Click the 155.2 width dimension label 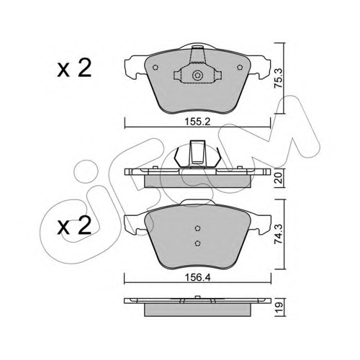pyautogui.click(x=197, y=122)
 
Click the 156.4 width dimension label pyautogui.click(x=197, y=278)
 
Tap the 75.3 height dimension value pyautogui.click(x=279, y=78)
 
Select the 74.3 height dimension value pyautogui.click(x=279, y=234)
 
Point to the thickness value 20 pyautogui.click(x=279, y=179)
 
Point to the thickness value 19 pyautogui.click(x=279, y=307)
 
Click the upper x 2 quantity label pyautogui.click(x=74, y=68)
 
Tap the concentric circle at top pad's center pyautogui.click(x=197, y=76)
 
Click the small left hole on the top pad pyautogui.click(x=156, y=68)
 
